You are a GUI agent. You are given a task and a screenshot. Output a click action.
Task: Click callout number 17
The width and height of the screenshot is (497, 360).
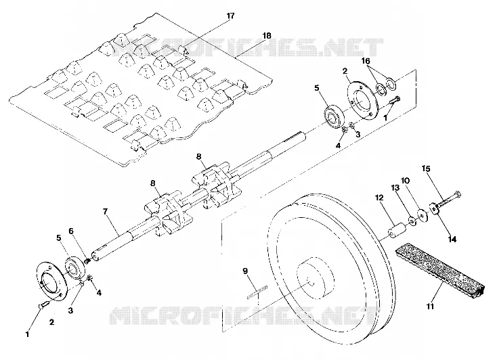pos(230,16)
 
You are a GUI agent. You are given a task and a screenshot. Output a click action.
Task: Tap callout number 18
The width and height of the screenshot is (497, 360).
pos(267,36)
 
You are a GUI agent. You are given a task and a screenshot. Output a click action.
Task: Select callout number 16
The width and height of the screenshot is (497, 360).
pos(366,61)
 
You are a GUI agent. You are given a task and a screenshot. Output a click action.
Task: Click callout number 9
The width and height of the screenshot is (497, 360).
pos(245,271)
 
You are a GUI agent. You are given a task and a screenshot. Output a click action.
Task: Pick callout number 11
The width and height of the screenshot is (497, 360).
pos(430,307)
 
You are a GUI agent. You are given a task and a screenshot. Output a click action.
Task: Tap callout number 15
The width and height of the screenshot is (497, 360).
pos(426,168)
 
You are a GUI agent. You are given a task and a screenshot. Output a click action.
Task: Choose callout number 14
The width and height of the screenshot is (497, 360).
pos(452,240)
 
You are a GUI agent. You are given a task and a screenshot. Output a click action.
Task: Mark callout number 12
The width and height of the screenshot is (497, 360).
pos(379,198)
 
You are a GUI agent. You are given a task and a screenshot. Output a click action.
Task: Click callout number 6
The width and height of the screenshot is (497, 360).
pos(71,231)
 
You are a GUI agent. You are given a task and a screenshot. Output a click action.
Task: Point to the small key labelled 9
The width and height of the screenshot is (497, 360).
pos(257,292)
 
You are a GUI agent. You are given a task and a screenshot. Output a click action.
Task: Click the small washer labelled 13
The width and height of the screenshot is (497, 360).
pos(412,221)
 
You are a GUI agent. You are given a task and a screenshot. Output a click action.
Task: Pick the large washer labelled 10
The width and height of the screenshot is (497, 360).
pos(423,215)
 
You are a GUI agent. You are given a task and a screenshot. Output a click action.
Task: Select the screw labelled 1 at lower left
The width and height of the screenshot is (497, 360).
pos(44,305)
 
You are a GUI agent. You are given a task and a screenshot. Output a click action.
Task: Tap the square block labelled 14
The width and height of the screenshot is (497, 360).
pos(434,209)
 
